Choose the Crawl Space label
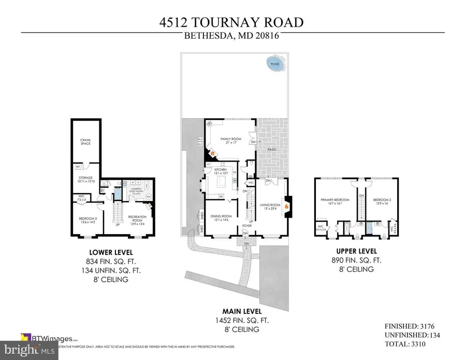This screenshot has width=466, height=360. [x=85, y=141]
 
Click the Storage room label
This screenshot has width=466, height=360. [x=85, y=179]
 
